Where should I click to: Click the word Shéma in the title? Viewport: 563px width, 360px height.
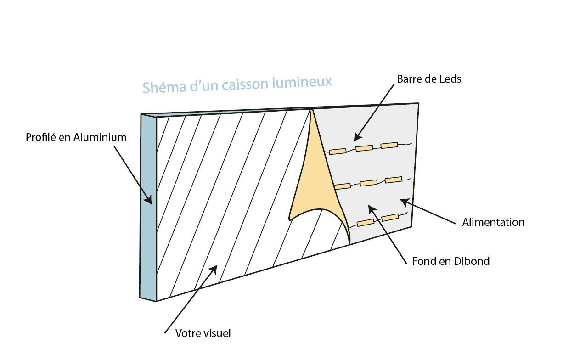click(164, 87)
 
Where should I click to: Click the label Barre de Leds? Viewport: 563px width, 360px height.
click(429, 79)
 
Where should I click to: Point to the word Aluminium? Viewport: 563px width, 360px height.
click(100, 137)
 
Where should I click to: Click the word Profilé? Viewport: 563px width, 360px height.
click(41, 137)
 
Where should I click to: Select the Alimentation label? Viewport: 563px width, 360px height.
click(493, 222)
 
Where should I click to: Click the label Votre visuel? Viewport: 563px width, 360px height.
click(203, 333)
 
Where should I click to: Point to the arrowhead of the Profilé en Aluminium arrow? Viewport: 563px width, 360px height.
click(148, 200)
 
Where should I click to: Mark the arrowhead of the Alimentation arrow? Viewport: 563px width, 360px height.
click(404, 202)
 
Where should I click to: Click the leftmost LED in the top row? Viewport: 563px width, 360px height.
click(338, 152)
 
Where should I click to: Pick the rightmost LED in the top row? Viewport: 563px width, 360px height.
click(389, 145)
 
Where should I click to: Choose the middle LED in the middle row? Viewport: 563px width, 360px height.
click(369, 183)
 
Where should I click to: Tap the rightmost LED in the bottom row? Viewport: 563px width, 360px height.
click(390, 217)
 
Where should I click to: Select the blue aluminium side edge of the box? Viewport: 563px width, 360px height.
click(148, 208)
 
